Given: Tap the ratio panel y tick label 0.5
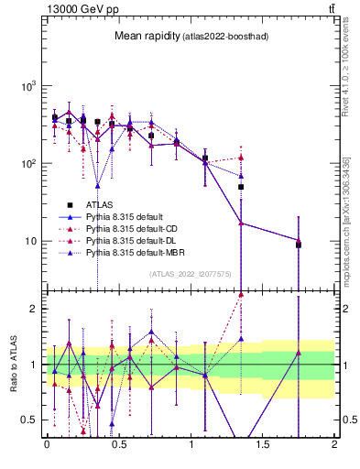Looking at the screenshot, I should [x=29, y=420].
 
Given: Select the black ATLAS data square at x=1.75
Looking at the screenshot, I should [x=299, y=245].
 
